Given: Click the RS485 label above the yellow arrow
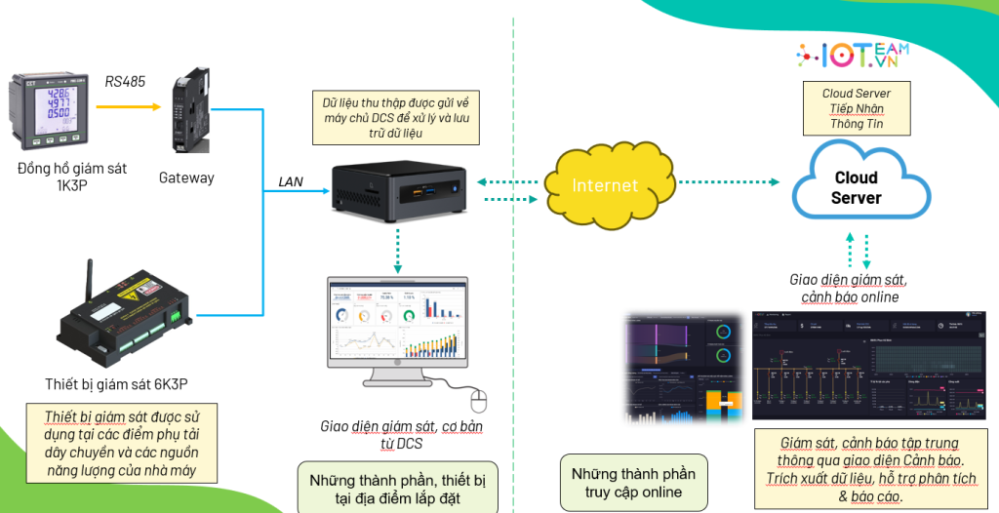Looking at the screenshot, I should tap(125, 82).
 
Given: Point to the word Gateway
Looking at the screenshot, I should tap(186, 178).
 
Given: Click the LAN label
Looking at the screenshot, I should tap(291, 181).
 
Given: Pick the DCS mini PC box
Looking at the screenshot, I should tap(399, 190).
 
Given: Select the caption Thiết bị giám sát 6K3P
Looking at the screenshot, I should tap(103, 382).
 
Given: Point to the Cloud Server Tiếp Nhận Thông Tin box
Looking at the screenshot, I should tap(856, 109).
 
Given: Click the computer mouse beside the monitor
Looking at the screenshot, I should tap(477, 399).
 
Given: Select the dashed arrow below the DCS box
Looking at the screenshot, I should tap(398, 249).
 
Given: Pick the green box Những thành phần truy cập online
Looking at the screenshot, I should tap(633, 482).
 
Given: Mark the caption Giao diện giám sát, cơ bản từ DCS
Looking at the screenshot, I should tap(401, 435).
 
